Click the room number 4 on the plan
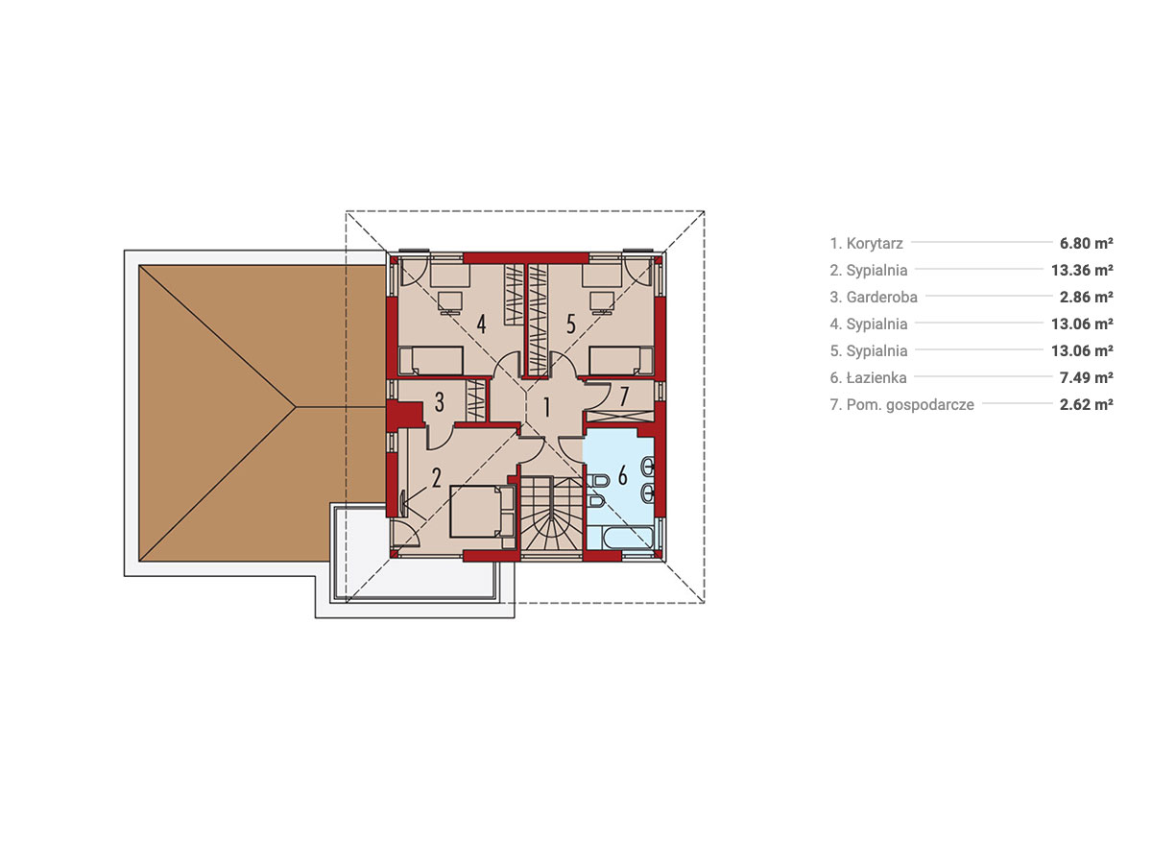click(x=481, y=324)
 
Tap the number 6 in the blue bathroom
click(x=622, y=476)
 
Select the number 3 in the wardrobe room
click(x=440, y=402)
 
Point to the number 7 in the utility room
click(x=624, y=396)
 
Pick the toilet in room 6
click(x=596, y=481)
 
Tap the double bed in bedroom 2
click(x=482, y=512)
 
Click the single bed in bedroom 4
click(x=431, y=360)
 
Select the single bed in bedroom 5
click(x=621, y=360)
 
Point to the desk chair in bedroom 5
click(x=602, y=302)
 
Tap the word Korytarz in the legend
click(x=875, y=244)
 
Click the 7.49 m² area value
click(x=1086, y=377)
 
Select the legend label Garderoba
click(x=881, y=297)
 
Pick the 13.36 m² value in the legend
click(x=1082, y=270)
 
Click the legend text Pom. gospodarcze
click(x=910, y=404)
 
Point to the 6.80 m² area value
click(x=1086, y=243)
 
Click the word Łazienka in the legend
click(x=876, y=377)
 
